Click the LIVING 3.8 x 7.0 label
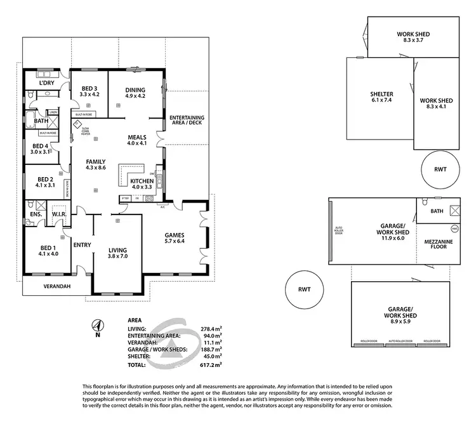coord(117,253)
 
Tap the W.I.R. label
coord(60,214)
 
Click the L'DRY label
coord(45,83)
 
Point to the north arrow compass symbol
coord(97,326)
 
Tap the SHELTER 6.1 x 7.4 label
coord(381,97)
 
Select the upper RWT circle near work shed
coord(440,169)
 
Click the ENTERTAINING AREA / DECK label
coord(187,121)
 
